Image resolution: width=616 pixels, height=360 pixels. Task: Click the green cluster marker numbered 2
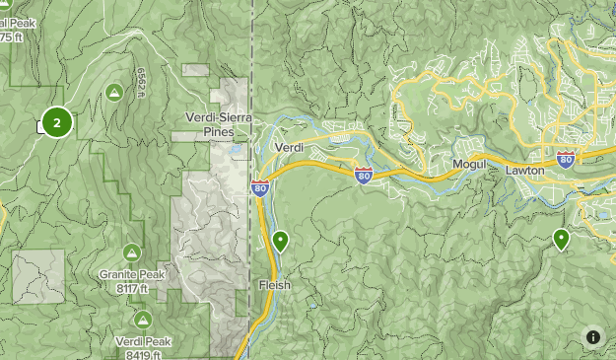point(57,122)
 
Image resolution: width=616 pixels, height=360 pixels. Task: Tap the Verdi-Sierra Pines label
point(219,123)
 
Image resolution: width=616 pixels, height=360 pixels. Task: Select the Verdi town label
point(289,147)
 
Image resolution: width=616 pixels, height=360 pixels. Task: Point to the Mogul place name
point(470,164)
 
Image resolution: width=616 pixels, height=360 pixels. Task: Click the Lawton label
point(524,171)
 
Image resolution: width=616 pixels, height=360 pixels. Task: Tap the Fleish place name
point(274,284)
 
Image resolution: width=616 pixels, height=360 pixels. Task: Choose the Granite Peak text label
point(131,275)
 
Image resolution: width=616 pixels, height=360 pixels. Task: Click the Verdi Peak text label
point(143,341)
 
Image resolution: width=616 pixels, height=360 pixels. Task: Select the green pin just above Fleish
point(281,240)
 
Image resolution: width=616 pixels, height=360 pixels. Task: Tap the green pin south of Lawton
point(561,238)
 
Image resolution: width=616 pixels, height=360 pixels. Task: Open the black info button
point(593,337)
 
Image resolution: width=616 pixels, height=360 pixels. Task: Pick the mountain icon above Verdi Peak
point(143,320)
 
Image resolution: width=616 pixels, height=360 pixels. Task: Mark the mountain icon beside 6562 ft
point(114,93)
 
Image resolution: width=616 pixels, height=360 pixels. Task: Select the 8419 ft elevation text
point(142,354)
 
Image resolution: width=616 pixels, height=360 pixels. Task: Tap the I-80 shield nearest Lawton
point(566,158)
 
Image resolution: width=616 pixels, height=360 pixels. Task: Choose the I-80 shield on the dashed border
point(259,187)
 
